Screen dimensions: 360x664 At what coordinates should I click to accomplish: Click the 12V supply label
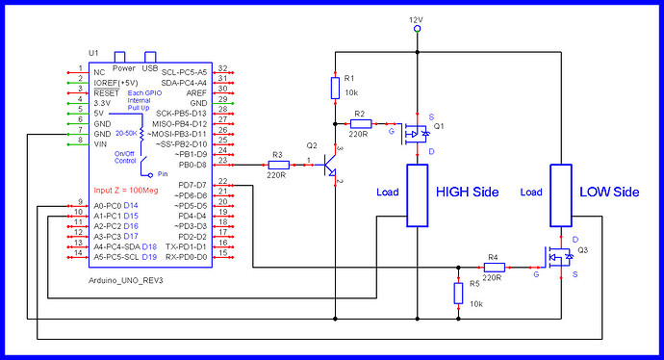point(416,18)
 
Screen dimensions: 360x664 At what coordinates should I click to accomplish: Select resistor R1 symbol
point(334,89)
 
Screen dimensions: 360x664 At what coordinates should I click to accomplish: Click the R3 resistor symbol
point(277,164)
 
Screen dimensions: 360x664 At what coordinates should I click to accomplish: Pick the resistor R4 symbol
point(493,266)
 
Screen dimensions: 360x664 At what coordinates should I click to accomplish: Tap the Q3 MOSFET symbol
point(556,257)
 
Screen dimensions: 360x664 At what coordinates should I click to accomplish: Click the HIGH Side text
point(467,192)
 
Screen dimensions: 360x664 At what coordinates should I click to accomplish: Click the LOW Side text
point(609,192)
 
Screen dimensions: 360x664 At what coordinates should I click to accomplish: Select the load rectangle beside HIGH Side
point(416,195)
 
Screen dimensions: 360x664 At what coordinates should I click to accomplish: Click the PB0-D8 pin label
point(192,164)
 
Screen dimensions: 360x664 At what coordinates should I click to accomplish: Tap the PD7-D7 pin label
point(192,185)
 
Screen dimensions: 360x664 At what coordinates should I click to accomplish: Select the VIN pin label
point(100,143)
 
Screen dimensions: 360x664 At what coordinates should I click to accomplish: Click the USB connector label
point(150,68)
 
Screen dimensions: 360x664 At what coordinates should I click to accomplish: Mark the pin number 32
point(222,68)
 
